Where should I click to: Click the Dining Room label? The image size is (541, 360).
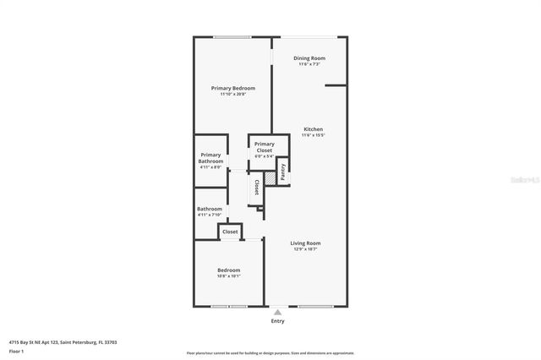click(309, 58)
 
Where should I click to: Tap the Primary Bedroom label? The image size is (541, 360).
click(232, 88)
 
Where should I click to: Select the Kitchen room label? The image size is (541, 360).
click(313, 129)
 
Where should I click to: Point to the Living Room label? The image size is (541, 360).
click(305, 243)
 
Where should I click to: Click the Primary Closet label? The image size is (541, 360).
click(265, 147)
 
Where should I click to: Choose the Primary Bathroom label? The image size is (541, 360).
click(210, 158)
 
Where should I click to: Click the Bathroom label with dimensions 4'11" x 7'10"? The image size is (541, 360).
click(210, 209)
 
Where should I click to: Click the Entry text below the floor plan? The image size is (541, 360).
click(277, 321)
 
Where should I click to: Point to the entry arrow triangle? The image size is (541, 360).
click(277, 312)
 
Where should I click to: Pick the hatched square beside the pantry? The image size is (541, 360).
click(271, 177)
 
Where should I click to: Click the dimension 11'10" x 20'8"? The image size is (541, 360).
click(232, 94)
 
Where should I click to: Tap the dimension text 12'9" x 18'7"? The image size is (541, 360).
click(305, 248)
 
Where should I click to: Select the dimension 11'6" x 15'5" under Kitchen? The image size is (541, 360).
click(313, 135)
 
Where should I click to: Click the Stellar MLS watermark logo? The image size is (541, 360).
click(522, 180)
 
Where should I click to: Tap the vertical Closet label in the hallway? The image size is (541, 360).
click(256, 188)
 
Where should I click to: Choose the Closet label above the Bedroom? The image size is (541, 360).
click(230, 231)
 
